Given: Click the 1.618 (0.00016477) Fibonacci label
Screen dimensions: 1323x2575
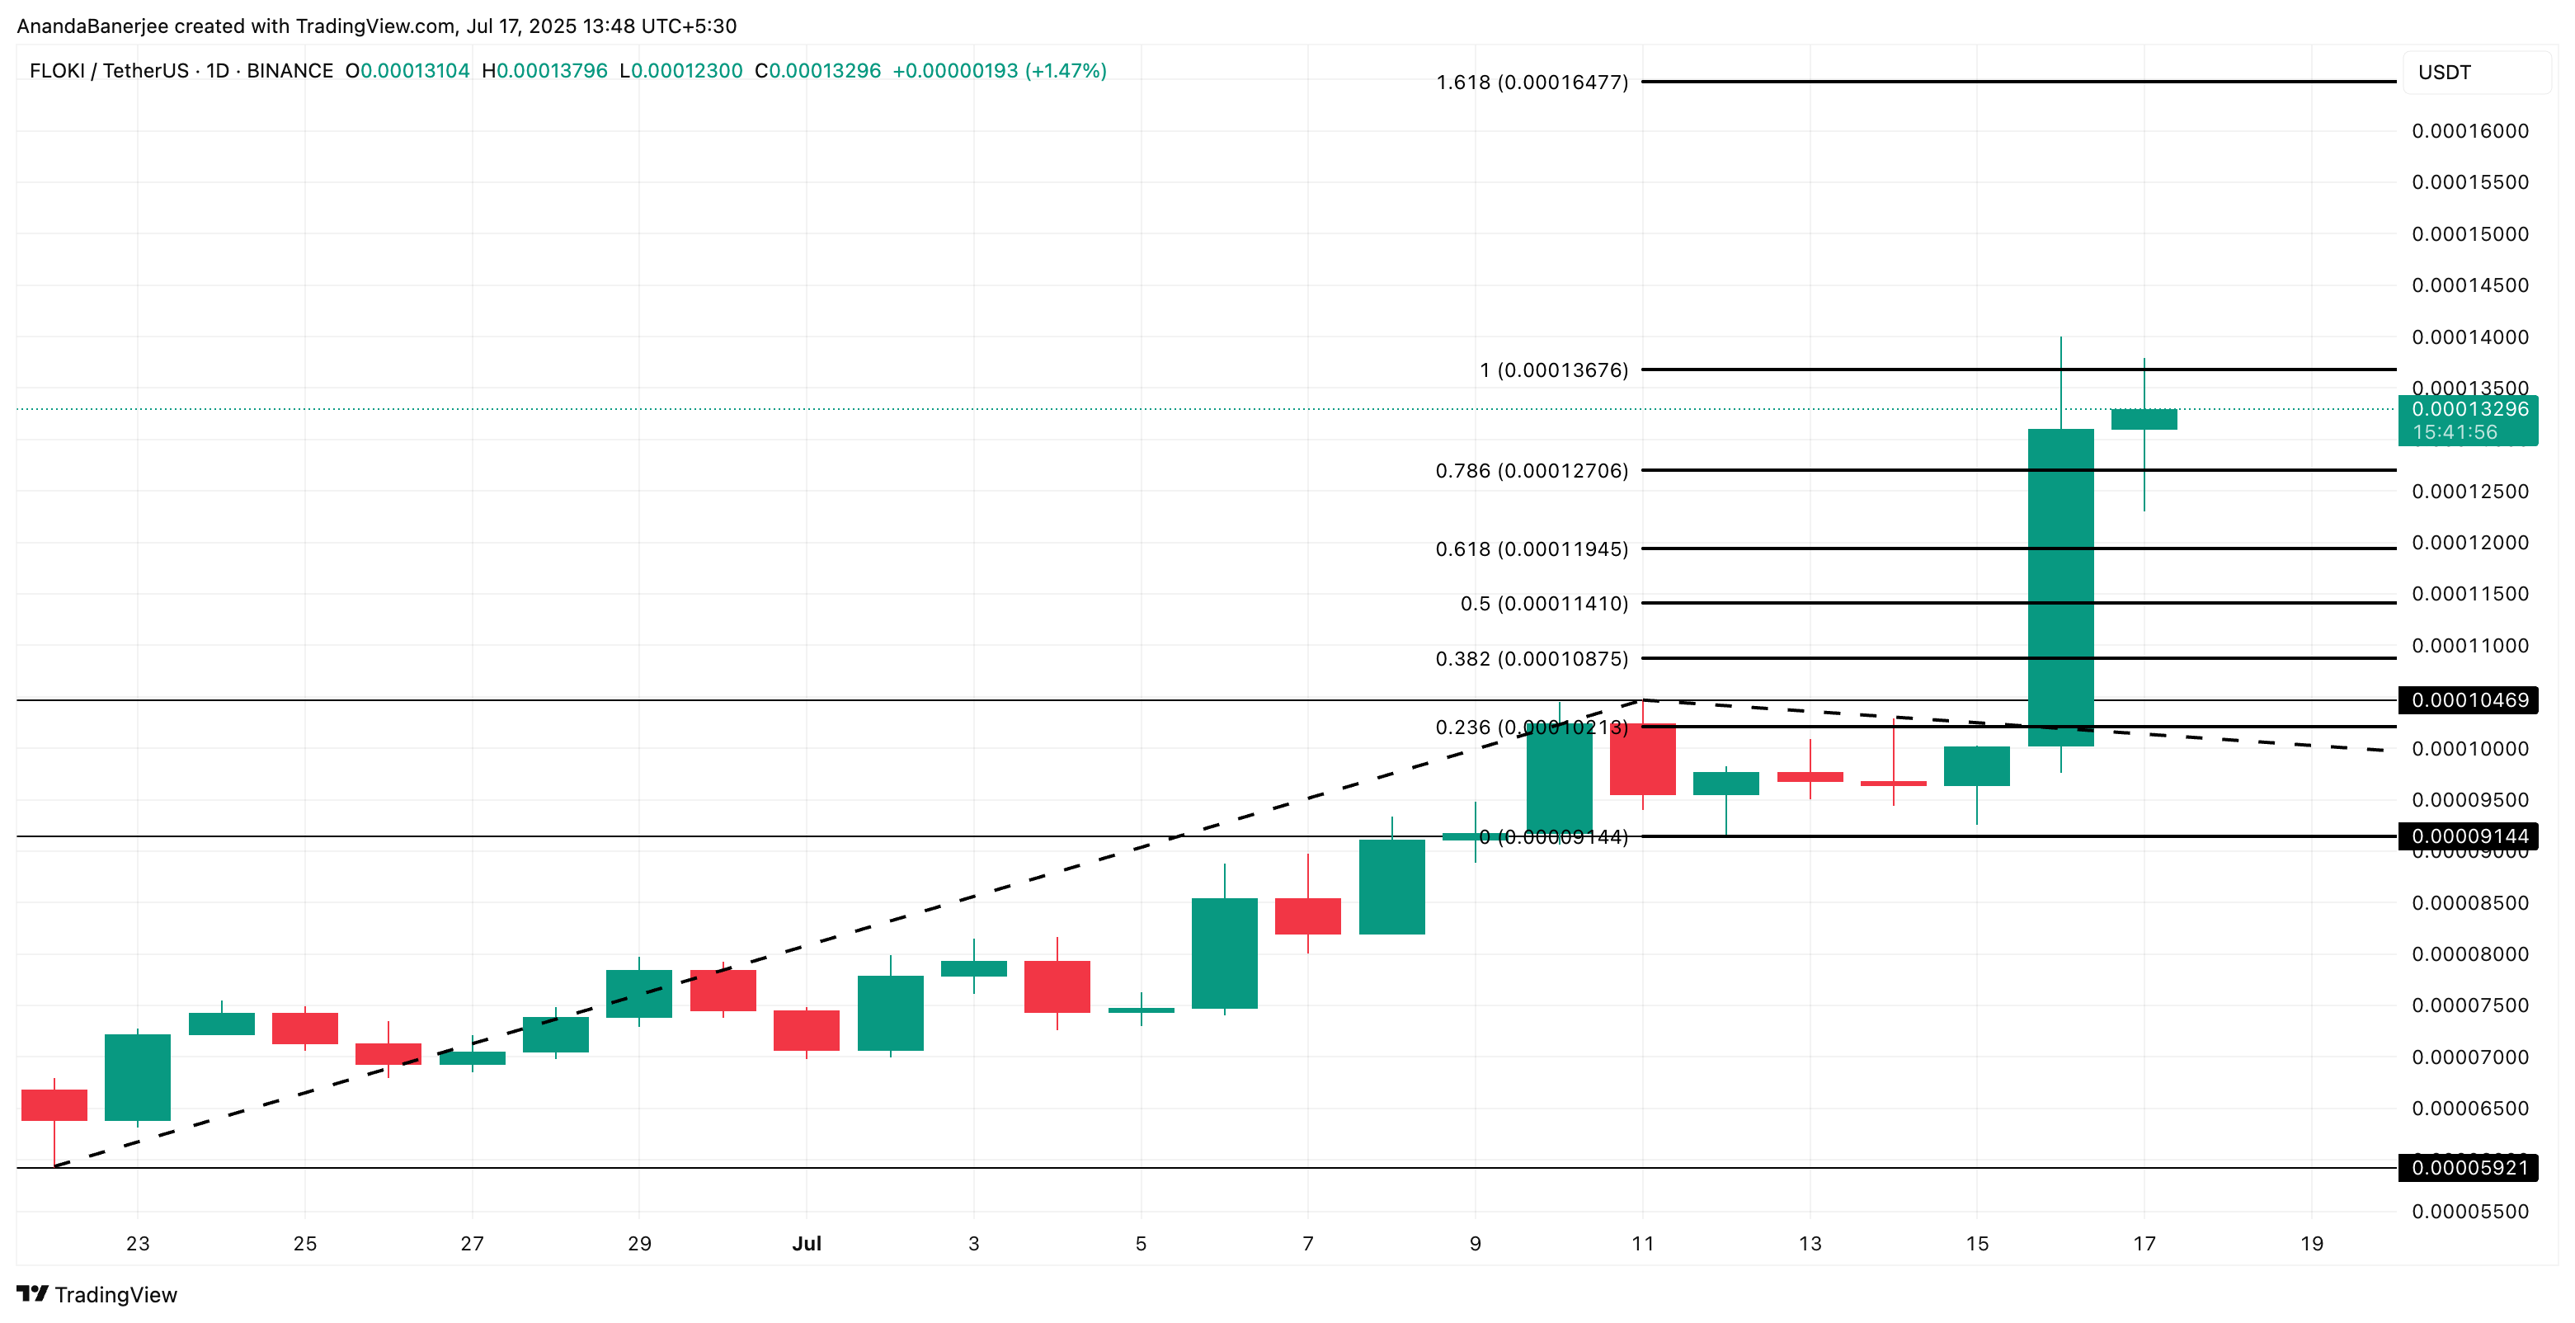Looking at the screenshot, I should pos(1532,82).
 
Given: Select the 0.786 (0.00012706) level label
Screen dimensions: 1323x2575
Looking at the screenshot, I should pos(1532,470).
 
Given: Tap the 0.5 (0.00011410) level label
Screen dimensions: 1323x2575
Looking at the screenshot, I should pos(1543,603).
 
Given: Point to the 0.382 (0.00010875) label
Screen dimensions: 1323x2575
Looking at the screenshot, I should pos(1532,658).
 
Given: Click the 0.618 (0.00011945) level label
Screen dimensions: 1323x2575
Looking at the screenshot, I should pos(1532,548).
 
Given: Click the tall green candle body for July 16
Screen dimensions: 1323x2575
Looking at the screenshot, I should pos(2060,587).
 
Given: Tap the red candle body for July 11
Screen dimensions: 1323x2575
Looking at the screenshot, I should pos(1642,759).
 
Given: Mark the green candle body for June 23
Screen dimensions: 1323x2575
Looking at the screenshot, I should pos(137,1077).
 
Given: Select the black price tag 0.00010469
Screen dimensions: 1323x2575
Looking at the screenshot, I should pos(2467,700).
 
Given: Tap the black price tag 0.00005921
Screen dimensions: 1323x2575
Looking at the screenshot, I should pos(2467,1168).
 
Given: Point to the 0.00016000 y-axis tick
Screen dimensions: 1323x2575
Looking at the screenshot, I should pos(2469,131).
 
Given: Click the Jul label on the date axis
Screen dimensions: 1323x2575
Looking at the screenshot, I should pos(806,1243).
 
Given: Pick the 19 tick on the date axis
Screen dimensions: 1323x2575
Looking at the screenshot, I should pos(2311,1243).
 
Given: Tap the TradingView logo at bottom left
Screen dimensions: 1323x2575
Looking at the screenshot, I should pos(97,1294).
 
